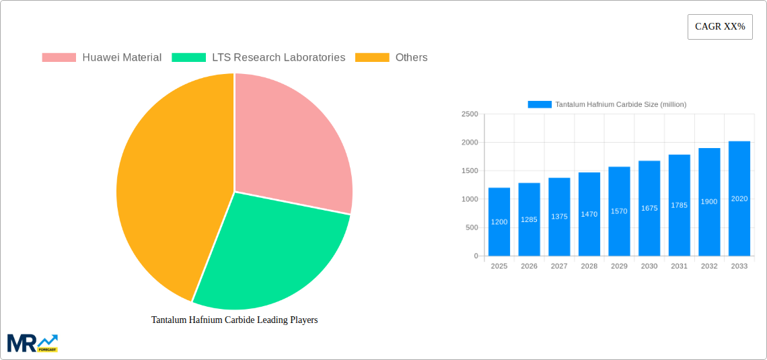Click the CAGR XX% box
tap(720, 27)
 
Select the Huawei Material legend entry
tap(102, 58)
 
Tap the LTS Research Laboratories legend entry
tap(258, 58)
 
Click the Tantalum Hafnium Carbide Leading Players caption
tap(234, 320)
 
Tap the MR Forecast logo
tap(32, 343)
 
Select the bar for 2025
tap(499, 222)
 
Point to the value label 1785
tap(680, 205)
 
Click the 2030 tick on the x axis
tap(649, 266)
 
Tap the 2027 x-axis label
tap(559, 266)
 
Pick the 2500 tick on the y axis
tap(470, 114)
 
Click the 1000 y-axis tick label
tap(470, 199)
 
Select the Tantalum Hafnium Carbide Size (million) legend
tap(607, 104)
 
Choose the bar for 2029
tap(619, 211)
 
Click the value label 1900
tap(709, 202)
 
